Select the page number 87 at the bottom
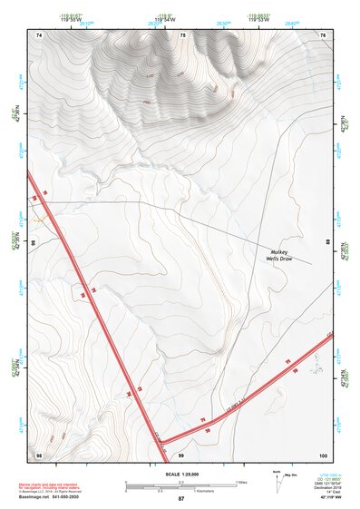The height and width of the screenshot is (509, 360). (x=180, y=500)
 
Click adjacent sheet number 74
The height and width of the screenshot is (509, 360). (x=39, y=34)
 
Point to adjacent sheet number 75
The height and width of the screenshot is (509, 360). (x=182, y=34)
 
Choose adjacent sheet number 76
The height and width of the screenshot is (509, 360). (x=323, y=34)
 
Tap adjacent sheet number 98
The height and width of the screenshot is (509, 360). (x=39, y=454)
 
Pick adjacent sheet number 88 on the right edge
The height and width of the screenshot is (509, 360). (x=327, y=243)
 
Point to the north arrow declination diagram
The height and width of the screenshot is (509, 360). (x=277, y=478)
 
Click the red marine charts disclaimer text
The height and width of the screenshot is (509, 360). (x=51, y=486)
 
